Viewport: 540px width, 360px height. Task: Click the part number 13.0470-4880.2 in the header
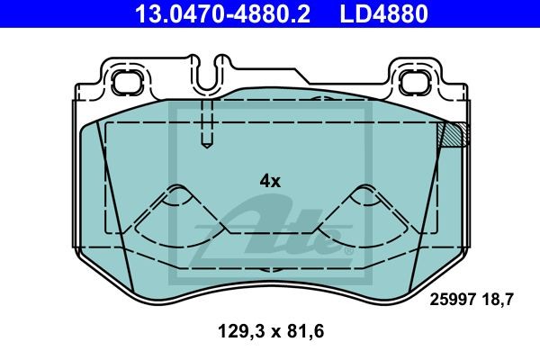point(222,13)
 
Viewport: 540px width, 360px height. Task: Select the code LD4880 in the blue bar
point(384,13)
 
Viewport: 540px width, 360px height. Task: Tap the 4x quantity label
point(270,181)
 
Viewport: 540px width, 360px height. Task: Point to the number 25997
point(453,300)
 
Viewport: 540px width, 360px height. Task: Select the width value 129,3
point(242,331)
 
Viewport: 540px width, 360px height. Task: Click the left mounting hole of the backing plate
point(127,82)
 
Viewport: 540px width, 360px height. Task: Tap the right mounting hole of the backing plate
point(412,82)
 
